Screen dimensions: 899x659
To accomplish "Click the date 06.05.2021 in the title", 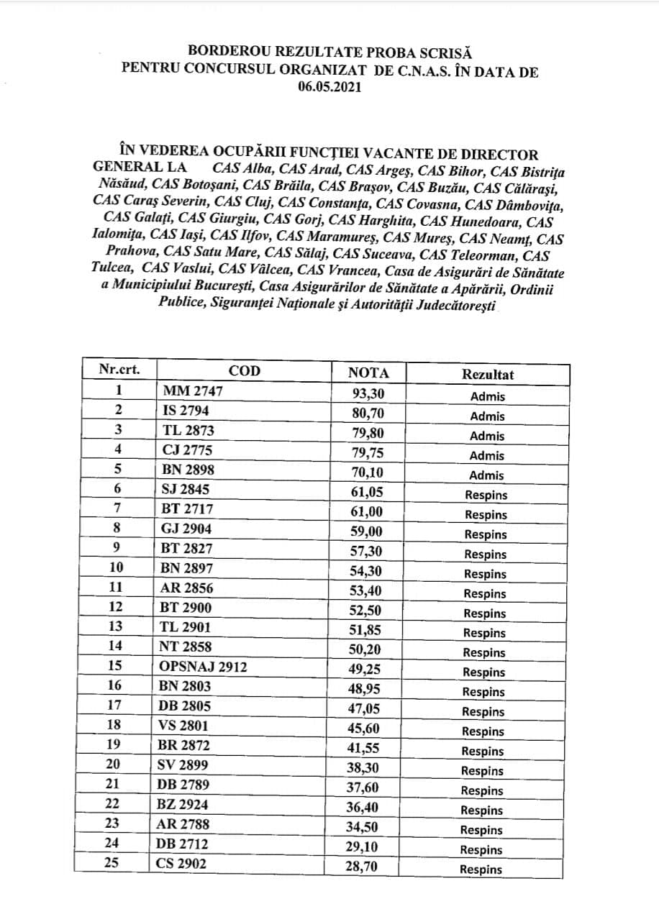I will [329, 87].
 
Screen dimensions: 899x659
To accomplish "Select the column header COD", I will [245, 371].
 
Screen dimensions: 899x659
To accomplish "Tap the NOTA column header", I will [368, 373].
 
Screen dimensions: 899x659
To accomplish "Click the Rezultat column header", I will [488, 375].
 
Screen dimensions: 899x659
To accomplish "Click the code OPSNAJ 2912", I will [203, 667].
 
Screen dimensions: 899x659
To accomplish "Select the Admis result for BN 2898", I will [488, 475].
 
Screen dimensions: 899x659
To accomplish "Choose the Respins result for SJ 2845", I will [486, 495].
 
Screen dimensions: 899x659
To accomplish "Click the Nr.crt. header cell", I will [119, 370].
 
